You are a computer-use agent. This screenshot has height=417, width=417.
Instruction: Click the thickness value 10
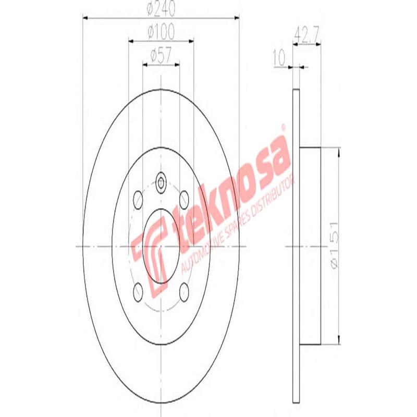click(280, 57)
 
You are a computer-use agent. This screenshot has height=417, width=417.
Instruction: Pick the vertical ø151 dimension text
click(335, 245)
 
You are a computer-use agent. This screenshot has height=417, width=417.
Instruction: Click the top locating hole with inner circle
click(161, 183)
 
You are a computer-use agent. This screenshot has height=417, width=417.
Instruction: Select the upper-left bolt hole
click(138, 199)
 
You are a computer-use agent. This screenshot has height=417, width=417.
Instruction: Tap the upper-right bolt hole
click(184, 199)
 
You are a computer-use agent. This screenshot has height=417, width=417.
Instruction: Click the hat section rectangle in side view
click(310, 245)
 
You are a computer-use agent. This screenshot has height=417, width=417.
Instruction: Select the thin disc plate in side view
click(296, 245)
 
